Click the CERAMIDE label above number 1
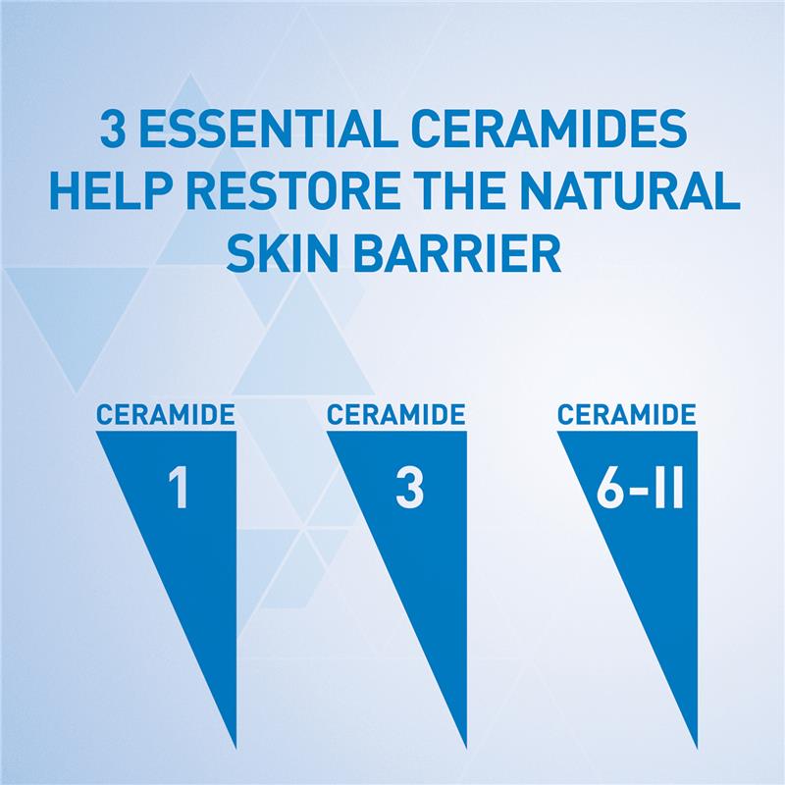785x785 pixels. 166,414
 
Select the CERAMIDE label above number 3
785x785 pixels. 394,414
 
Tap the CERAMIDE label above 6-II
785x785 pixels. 626,414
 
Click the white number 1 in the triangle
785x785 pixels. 179,491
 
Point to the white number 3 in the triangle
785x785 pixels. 408,491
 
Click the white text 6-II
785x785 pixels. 639,491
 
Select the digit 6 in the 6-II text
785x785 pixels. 608,491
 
